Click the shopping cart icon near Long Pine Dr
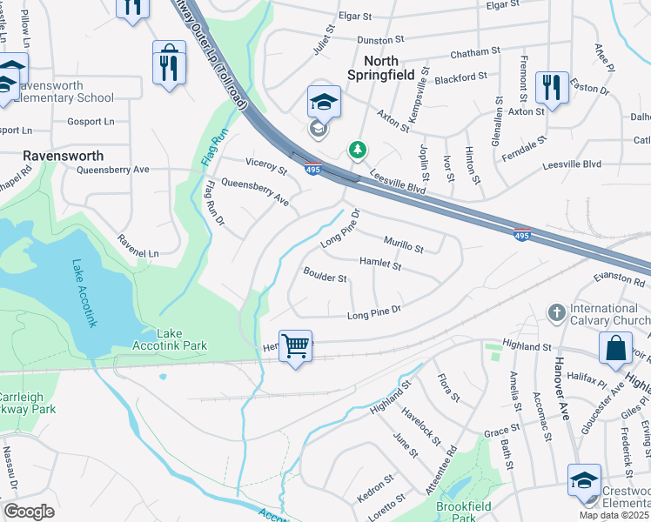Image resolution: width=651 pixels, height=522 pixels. (x=295, y=346)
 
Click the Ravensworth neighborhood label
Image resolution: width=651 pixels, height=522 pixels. (x=64, y=156)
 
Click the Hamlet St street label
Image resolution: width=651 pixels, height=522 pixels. (x=379, y=262)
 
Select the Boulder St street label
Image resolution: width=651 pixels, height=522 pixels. (x=325, y=278)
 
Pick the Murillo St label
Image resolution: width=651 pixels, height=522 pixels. (x=403, y=243)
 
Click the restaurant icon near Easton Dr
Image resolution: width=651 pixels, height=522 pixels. (x=552, y=87)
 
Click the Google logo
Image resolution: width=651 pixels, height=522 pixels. (x=30, y=512)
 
